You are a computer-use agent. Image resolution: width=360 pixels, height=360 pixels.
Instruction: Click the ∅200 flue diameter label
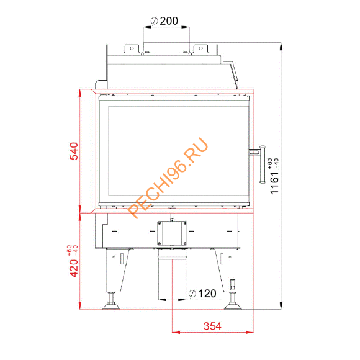[x=164, y=20]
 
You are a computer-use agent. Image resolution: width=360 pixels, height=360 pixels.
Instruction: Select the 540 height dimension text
[x=73, y=151]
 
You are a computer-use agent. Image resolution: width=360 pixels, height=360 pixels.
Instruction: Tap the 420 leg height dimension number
[x=73, y=268]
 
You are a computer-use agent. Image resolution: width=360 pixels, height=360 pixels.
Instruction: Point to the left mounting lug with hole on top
[x=131, y=48]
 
